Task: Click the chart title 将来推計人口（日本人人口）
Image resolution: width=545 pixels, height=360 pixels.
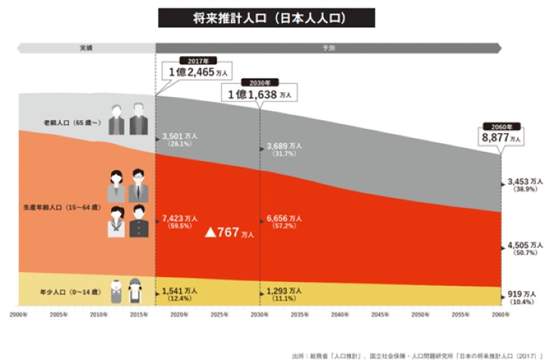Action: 266,17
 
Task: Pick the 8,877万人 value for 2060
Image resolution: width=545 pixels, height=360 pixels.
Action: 501,138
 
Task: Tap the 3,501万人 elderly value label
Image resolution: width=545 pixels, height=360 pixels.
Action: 180,136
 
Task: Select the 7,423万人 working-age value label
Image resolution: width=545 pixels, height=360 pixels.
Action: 180,219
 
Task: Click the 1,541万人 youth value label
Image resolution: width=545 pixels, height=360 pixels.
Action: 180,290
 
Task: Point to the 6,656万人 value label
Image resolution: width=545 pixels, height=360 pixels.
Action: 284,219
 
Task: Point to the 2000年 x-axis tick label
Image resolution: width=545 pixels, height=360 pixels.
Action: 20,314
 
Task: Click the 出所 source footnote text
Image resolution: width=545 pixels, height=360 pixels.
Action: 416,353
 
